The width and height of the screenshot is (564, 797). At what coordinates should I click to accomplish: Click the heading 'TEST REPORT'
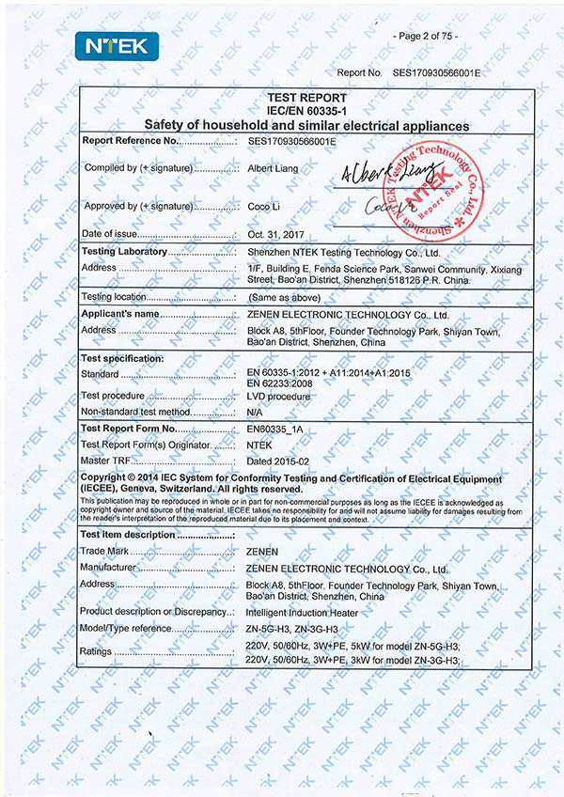[x=306, y=98]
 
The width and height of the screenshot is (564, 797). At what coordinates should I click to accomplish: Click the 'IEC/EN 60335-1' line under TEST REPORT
[x=306, y=111]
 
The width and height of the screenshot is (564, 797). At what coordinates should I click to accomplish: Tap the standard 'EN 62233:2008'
[x=281, y=383]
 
